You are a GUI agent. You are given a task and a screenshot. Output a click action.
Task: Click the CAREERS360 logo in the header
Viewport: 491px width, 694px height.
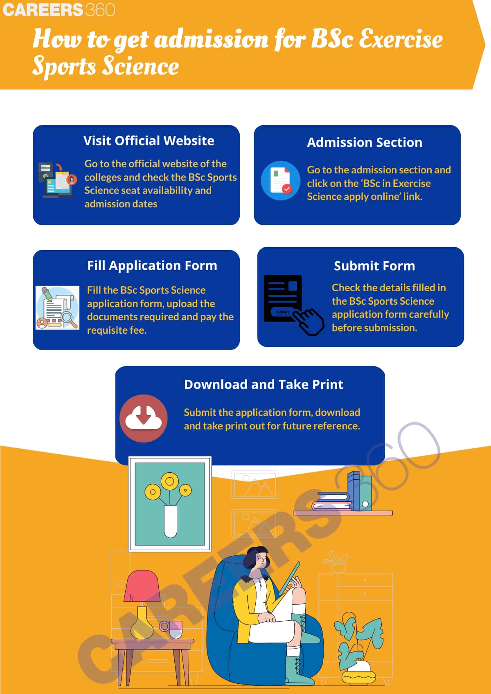[x=59, y=10]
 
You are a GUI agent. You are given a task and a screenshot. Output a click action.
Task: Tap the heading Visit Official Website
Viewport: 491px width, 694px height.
[x=149, y=141]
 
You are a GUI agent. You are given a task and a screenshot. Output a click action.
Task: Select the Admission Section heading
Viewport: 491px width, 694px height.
[x=365, y=142]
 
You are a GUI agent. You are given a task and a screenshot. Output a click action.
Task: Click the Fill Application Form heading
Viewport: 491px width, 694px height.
[x=152, y=266]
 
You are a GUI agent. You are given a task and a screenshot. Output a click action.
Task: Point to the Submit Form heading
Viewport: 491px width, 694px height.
[x=374, y=266]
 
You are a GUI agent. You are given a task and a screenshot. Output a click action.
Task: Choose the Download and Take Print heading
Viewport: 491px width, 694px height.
[x=264, y=384]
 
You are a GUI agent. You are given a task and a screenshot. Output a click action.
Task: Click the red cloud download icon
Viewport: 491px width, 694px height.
[x=143, y=418]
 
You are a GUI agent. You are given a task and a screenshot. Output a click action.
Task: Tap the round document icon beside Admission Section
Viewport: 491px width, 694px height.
[x=281, y=180]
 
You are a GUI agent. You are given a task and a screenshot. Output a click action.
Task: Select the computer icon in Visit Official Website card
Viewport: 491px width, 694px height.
[x=57, y=180]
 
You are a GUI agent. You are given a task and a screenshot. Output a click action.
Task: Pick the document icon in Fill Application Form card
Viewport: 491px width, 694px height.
[x=57, y=308]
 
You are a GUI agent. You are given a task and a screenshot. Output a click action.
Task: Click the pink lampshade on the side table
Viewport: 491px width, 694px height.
[x=142, y=586]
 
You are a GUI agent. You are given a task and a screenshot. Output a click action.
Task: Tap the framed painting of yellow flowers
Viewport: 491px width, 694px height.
[x=170, y=504]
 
